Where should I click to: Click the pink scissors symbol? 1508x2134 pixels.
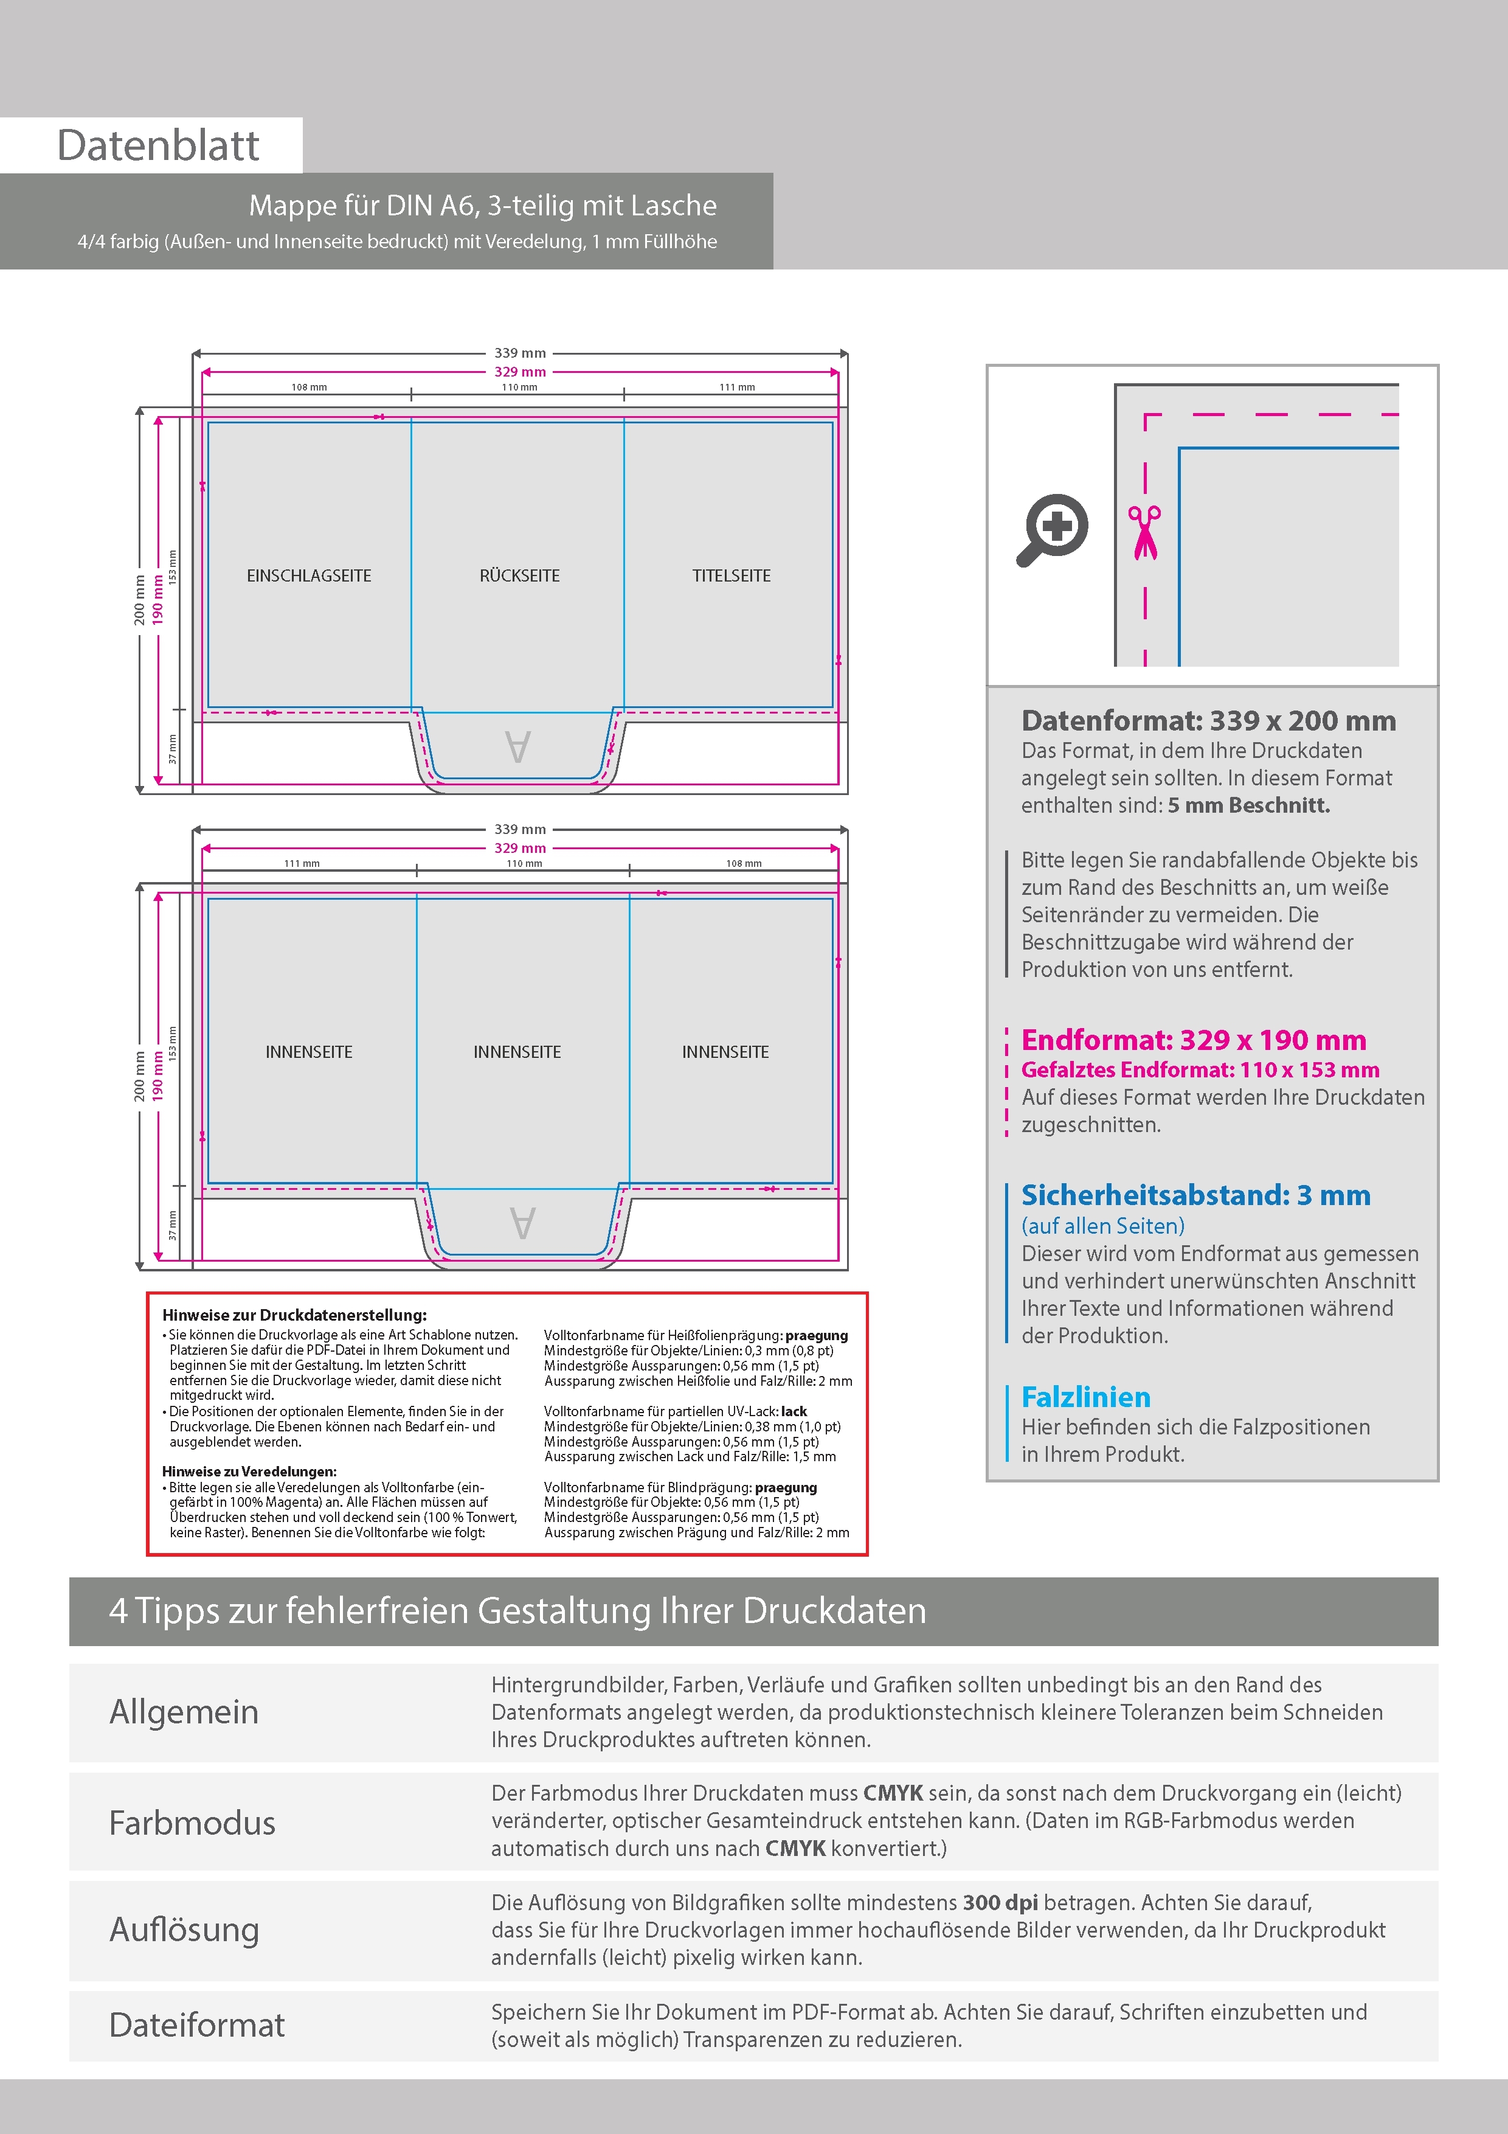1145,532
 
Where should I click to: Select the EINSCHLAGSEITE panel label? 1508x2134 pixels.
308,576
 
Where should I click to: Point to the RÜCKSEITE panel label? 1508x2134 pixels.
519,576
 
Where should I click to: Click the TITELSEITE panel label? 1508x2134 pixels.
732,576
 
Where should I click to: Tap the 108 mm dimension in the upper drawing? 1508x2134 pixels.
308,388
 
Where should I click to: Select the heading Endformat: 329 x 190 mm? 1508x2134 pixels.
1193,1040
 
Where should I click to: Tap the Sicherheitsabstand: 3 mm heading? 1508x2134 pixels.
1195,1195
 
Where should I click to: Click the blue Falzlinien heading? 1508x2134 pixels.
1085,1397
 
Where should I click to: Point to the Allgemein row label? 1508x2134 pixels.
184,1712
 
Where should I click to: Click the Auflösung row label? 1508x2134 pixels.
184,1930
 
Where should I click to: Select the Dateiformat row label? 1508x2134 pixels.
197,2025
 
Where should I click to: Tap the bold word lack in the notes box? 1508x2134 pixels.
794,1411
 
